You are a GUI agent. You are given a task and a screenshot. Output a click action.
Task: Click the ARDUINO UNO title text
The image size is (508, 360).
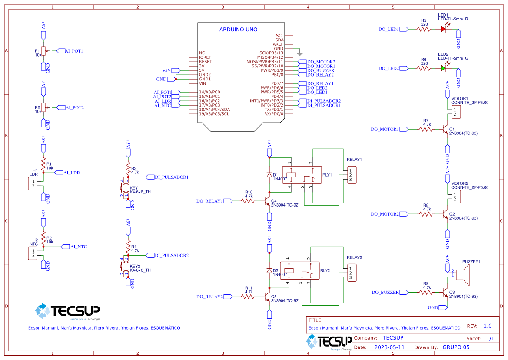(x=238, y=30)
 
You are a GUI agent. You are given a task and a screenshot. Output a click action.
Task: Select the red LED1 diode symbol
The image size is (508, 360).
(x=443, y=29)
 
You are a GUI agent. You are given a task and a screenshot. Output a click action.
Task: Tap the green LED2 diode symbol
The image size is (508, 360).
(x=443, y=68)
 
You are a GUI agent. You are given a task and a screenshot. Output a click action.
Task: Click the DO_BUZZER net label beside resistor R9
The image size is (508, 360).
(x=385, y=293)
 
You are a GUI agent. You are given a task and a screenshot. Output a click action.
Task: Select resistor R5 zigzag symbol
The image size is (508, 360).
(x=424, y=29)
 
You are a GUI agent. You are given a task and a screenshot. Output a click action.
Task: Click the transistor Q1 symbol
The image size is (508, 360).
(x=445, y=129)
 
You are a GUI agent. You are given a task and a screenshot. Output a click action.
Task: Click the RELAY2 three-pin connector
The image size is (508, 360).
(x=352, y=273)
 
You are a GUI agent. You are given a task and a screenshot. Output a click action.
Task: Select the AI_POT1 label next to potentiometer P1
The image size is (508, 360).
(x=74, y=51)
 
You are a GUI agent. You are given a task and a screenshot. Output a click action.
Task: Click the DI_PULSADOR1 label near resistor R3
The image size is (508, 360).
(x=171, y=177)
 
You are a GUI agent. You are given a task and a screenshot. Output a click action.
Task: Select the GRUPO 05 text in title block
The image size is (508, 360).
(x=456, y=347)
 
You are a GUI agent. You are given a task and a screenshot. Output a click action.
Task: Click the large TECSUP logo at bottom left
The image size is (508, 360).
(x=67, y=311)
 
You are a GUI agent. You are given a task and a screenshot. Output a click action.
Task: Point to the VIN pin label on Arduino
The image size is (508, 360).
(x=202, y=83)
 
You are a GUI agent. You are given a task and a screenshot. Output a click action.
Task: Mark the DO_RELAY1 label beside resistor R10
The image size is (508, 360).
(x=209, y=201)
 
